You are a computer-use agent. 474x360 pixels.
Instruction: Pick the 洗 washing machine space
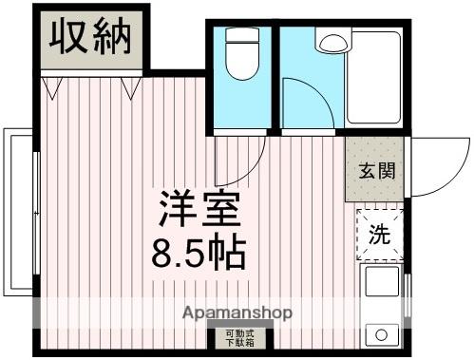click(379, 231)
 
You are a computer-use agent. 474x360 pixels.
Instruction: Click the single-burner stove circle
click(382, 335)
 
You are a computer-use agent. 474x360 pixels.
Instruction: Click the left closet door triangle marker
click(53, 88)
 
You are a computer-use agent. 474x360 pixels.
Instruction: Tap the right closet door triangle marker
click(130, 88)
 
